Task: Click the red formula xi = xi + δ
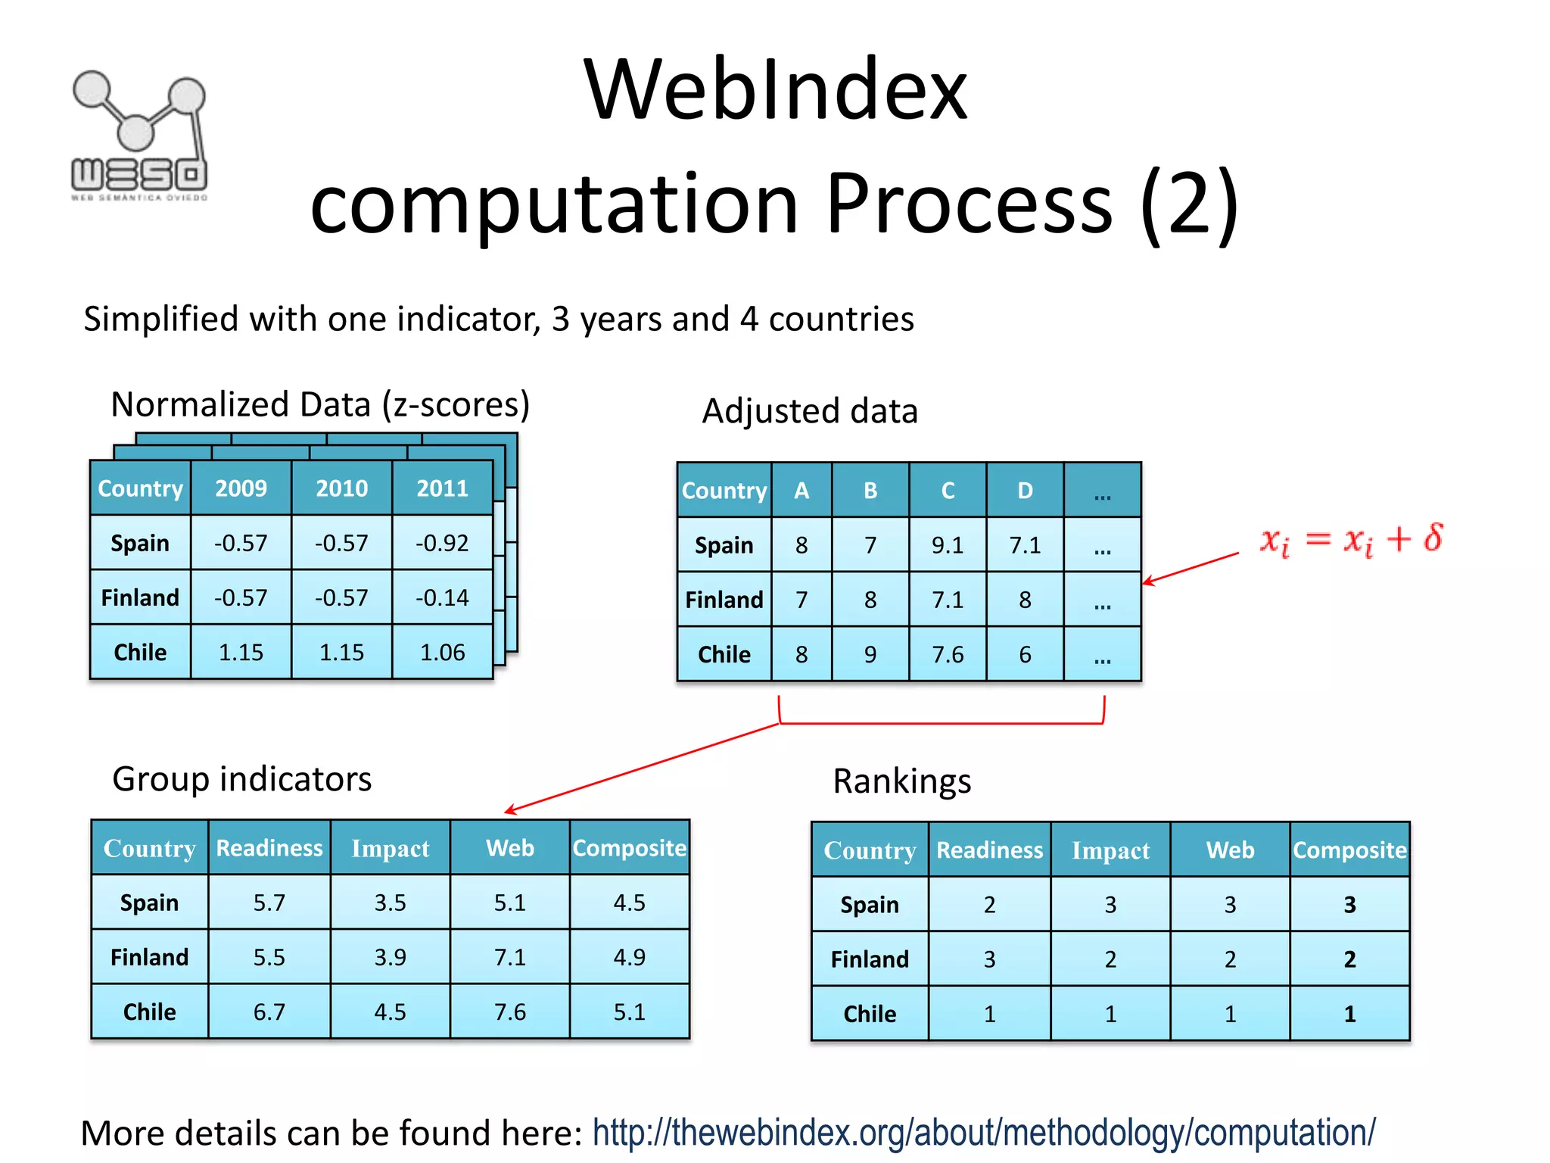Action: (x=1351, y=540)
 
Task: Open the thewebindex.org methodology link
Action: (x=983, y=1133)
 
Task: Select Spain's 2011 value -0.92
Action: (x=442, y=543)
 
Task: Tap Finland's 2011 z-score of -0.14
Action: (x=442, y=597)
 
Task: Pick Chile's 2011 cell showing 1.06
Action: (x=442, y=652)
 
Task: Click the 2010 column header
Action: (x=341, y=488)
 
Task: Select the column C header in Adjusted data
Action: (x=948, y=491)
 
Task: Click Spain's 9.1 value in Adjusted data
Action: (x=948, y=545)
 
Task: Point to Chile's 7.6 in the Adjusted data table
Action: (x=948, y=654)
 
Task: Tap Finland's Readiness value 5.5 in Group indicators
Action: (x=269, y=957)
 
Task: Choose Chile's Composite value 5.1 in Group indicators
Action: (x=629, y=1012)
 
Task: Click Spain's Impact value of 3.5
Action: (x=390, y=903)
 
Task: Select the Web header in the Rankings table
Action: (x=1230, y=850)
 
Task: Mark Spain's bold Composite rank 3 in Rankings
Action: (x=1349, y=905)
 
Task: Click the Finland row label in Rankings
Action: (x=870, y=959)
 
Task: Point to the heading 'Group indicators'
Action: (x=241, y=779)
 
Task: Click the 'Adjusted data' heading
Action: (x=810, y=411)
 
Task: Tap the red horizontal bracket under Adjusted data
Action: (x=942, y=723)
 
